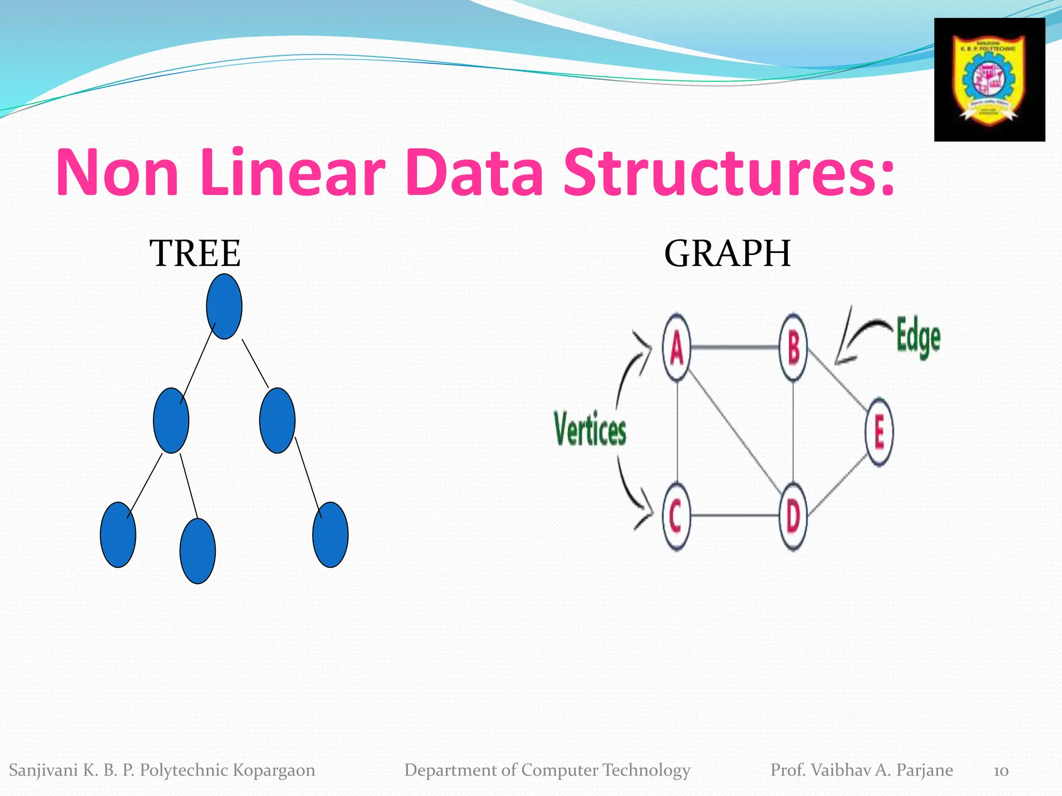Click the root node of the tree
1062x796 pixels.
click(x=224, y=306)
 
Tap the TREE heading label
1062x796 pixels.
click(x=195, y=253)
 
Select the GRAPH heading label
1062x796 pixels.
click(x=728, y=253)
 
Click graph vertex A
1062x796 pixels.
click(x=676, y=348)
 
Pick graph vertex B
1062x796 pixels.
click(x=793, y=348)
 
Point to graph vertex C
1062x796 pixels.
click(x=676, y=516)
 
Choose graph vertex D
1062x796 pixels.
click(x=793, y=516)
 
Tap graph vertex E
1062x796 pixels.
click(x=879, y=432)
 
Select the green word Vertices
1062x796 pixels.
click(x=590, y=429)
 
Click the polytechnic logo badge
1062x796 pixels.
click(x=989, y=80)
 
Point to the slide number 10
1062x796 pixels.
click(x=1001, y=771)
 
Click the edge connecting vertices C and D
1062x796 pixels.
click(x=735, y=516)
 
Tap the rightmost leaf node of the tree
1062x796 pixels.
click(x=330, y=535)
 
